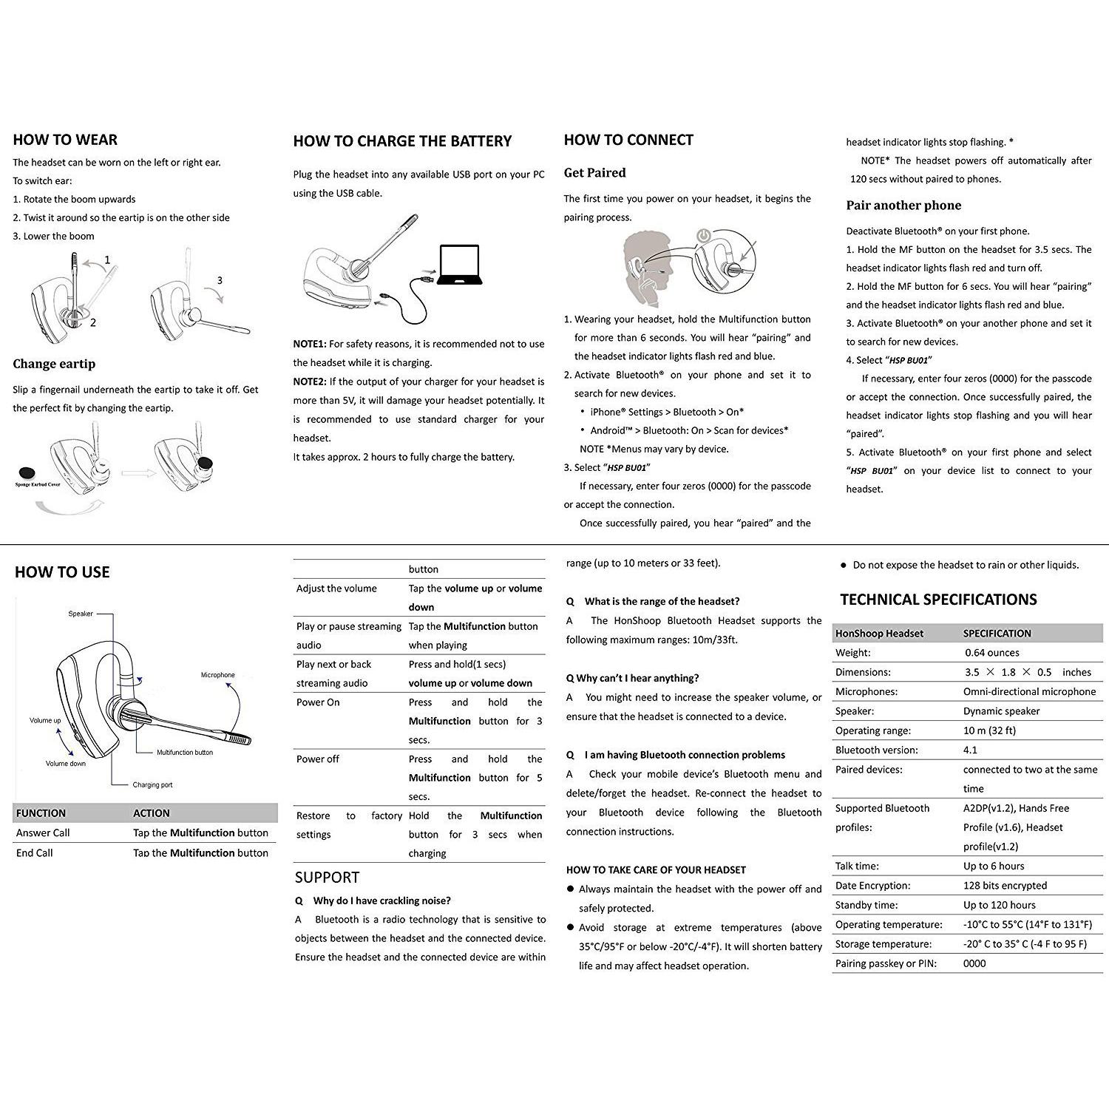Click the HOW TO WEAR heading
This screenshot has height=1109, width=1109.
coord(65,140)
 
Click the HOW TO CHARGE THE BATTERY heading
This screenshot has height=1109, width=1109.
coord(402,141)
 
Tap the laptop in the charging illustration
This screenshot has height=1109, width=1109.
coord(458,264)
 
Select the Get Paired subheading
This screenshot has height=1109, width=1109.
coord(594,173)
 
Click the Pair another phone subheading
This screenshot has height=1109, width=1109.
coord(903,206)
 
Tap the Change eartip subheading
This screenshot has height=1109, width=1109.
coord(54,364)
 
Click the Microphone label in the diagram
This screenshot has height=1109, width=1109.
coord(217,675)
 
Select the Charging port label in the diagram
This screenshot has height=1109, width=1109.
coord(152,785)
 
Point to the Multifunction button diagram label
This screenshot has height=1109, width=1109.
coord(184,753)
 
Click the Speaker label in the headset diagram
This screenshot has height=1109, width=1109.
coord(81,614)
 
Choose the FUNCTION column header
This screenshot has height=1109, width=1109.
coord(41,813)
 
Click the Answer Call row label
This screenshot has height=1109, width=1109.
coord(43,833)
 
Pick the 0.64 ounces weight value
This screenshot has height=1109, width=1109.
coord(991,653)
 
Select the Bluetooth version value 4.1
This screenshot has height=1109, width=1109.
coord(970,750)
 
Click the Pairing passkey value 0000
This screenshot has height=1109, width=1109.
coord(974,963)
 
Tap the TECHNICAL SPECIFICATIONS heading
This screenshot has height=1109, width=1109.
coord(938,600)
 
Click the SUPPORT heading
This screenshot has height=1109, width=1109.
coord(327,878)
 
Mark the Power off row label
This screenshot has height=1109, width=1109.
coord(318,759)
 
